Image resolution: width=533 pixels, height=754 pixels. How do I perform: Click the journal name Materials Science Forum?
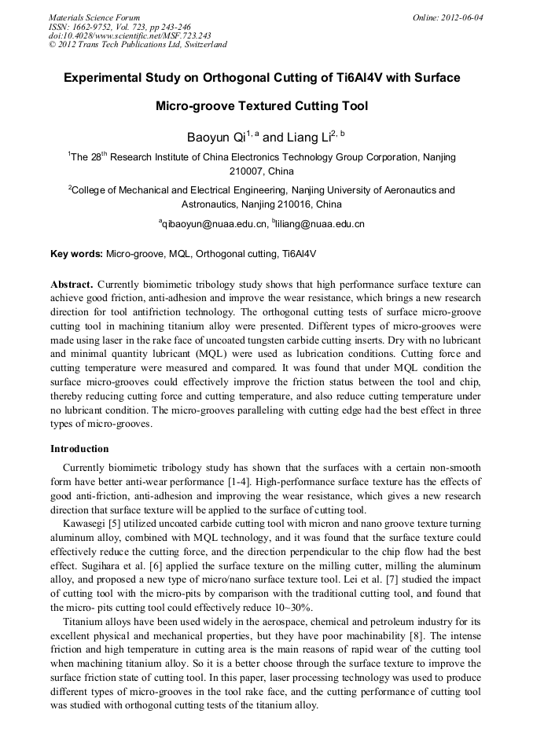click(x=94, y=17)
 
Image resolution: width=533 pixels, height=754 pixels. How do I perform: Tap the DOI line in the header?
click(x=130, y=35)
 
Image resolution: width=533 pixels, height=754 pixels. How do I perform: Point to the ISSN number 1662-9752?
click(x=101, y=27)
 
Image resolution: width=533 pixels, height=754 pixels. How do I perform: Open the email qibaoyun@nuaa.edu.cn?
click(x=214, y=224)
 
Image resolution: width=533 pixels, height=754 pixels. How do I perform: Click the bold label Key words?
click(x=76, y=254)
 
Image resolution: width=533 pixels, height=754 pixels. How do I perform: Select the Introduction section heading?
click(x=79, y=449)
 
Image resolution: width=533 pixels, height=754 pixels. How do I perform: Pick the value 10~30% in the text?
click(x=291, y=608)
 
